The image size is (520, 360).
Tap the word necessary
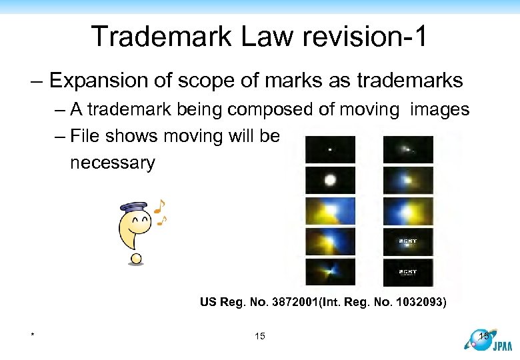112,162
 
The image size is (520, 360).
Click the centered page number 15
260,336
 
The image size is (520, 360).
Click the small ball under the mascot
137,258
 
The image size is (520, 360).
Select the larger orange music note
159,206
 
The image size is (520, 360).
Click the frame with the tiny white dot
330,149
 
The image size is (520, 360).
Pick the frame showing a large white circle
330,180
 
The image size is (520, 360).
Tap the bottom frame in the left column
330,272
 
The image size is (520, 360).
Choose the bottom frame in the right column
408,272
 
